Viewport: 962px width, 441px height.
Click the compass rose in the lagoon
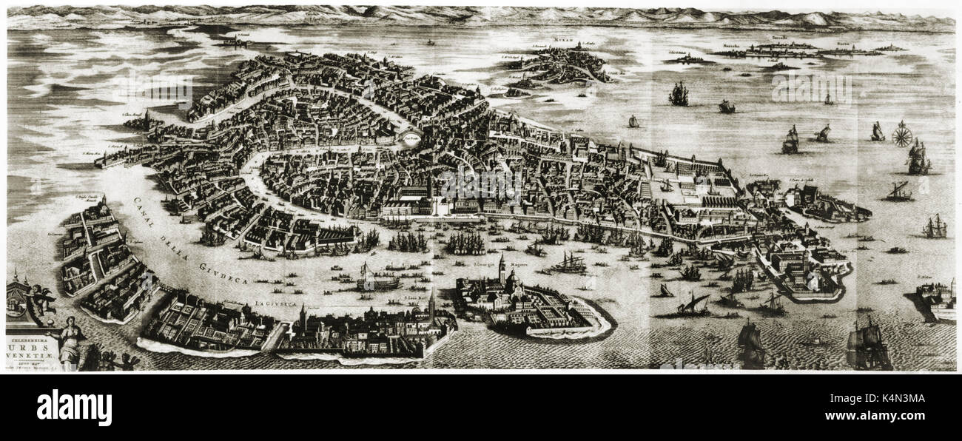click(901, 133)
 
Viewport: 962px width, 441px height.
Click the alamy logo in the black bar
click(74, 408)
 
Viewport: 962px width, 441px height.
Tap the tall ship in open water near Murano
click(678, 93)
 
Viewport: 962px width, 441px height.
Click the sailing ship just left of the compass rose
click(877, 132)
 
